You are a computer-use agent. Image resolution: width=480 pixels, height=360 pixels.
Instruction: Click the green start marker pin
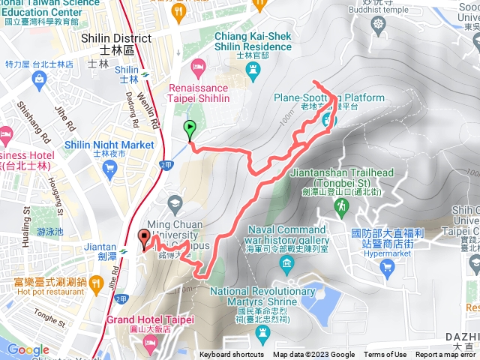pyautogui.click(x=189, y=129)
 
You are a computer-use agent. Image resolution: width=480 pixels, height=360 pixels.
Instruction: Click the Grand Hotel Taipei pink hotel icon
pyautogui.click(x=149, y=343)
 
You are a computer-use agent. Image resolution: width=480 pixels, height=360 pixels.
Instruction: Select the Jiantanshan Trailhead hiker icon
pyautogui.click(x=341, y=205)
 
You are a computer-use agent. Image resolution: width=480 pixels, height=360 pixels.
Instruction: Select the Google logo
pyautogui.click(x=28, y=349)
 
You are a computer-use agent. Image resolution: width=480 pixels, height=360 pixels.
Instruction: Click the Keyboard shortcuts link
pyautogui.click(x=232, y=355)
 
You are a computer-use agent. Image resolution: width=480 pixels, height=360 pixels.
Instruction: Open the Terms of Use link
pyautogui.click(x=385, y=355)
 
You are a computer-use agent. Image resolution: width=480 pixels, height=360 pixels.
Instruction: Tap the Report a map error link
pyautogui.click(x=445, y=355)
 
